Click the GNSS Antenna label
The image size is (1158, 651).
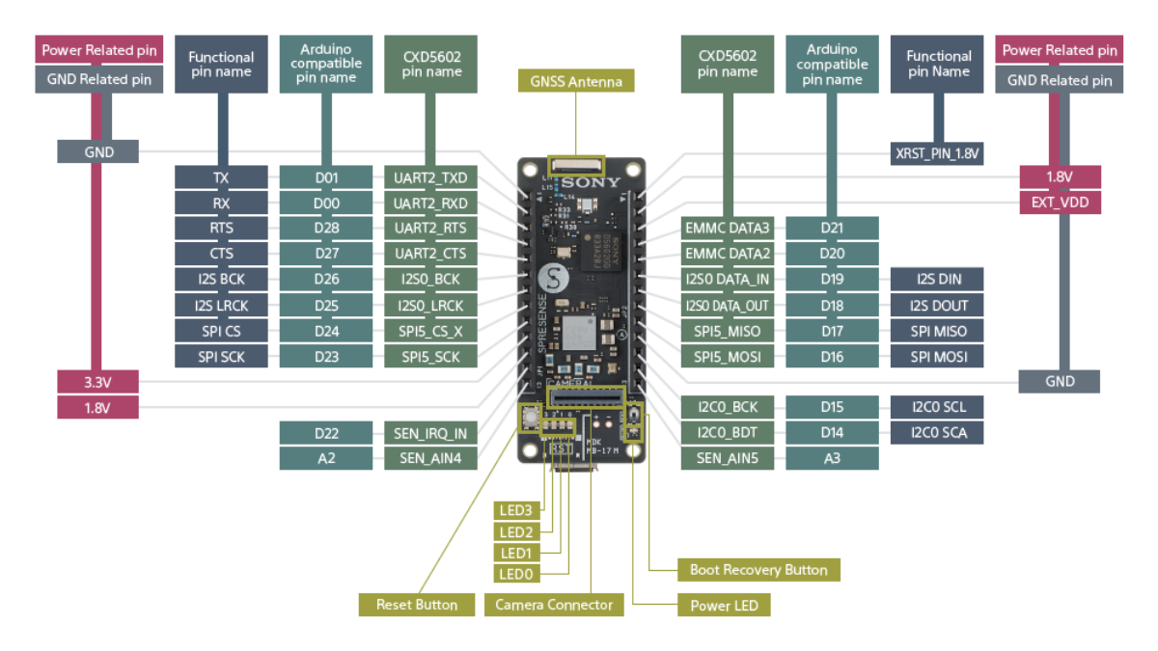(576, 81)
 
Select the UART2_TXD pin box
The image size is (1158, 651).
(430, 177)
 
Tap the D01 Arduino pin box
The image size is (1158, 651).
(326, 177)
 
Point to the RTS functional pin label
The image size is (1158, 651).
(222, 229)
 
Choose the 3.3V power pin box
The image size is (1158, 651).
(97, 382)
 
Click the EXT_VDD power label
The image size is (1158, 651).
(1060, 203)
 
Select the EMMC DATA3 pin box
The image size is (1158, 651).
(728, 229)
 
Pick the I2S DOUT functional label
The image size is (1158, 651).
(937, 306)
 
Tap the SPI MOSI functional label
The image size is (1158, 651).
(937, 357)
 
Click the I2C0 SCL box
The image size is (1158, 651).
(937, 407)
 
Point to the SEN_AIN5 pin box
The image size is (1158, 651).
(728, 459)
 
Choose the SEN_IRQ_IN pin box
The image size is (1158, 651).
(430, 434)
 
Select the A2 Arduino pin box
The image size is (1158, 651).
(326, 459)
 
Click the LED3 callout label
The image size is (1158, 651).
(515, 510)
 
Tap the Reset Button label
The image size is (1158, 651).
(416, 605)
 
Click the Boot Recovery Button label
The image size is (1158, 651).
(758, 570)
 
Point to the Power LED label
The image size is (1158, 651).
(724, 606)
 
